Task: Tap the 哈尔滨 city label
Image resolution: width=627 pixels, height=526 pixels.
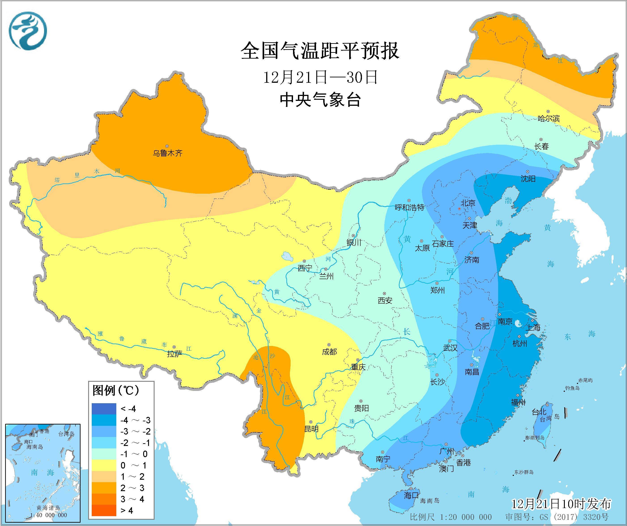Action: [x=548, y=119]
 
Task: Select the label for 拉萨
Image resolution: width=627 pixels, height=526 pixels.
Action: [x=174, y=354]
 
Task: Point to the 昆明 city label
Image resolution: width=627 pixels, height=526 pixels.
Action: [x=311, y=429]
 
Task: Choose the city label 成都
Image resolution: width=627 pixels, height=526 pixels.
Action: [x=329, y=352]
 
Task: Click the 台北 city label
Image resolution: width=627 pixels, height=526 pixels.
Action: [x=539, y=412]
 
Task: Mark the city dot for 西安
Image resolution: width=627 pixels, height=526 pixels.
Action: [x=385, y=294]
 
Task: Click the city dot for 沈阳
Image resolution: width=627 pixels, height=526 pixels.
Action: [x=528, y=172]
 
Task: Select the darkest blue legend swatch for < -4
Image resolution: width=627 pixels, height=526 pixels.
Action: [x=104, y=409]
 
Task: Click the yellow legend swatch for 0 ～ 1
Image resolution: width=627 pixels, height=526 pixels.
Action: [x=104, y=465]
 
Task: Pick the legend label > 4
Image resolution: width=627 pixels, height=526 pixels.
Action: [x=127, y=511]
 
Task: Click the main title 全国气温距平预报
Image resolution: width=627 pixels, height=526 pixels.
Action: [x=320, y=51]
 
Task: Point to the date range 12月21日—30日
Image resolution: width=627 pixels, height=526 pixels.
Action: [x=320, y=77]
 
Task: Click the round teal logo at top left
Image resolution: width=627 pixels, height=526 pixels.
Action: [x=28, y=31]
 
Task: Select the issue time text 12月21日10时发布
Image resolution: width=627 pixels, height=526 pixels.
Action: [x=561, y=504]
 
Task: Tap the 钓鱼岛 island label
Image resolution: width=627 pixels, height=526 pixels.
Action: [x=572, y=388]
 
